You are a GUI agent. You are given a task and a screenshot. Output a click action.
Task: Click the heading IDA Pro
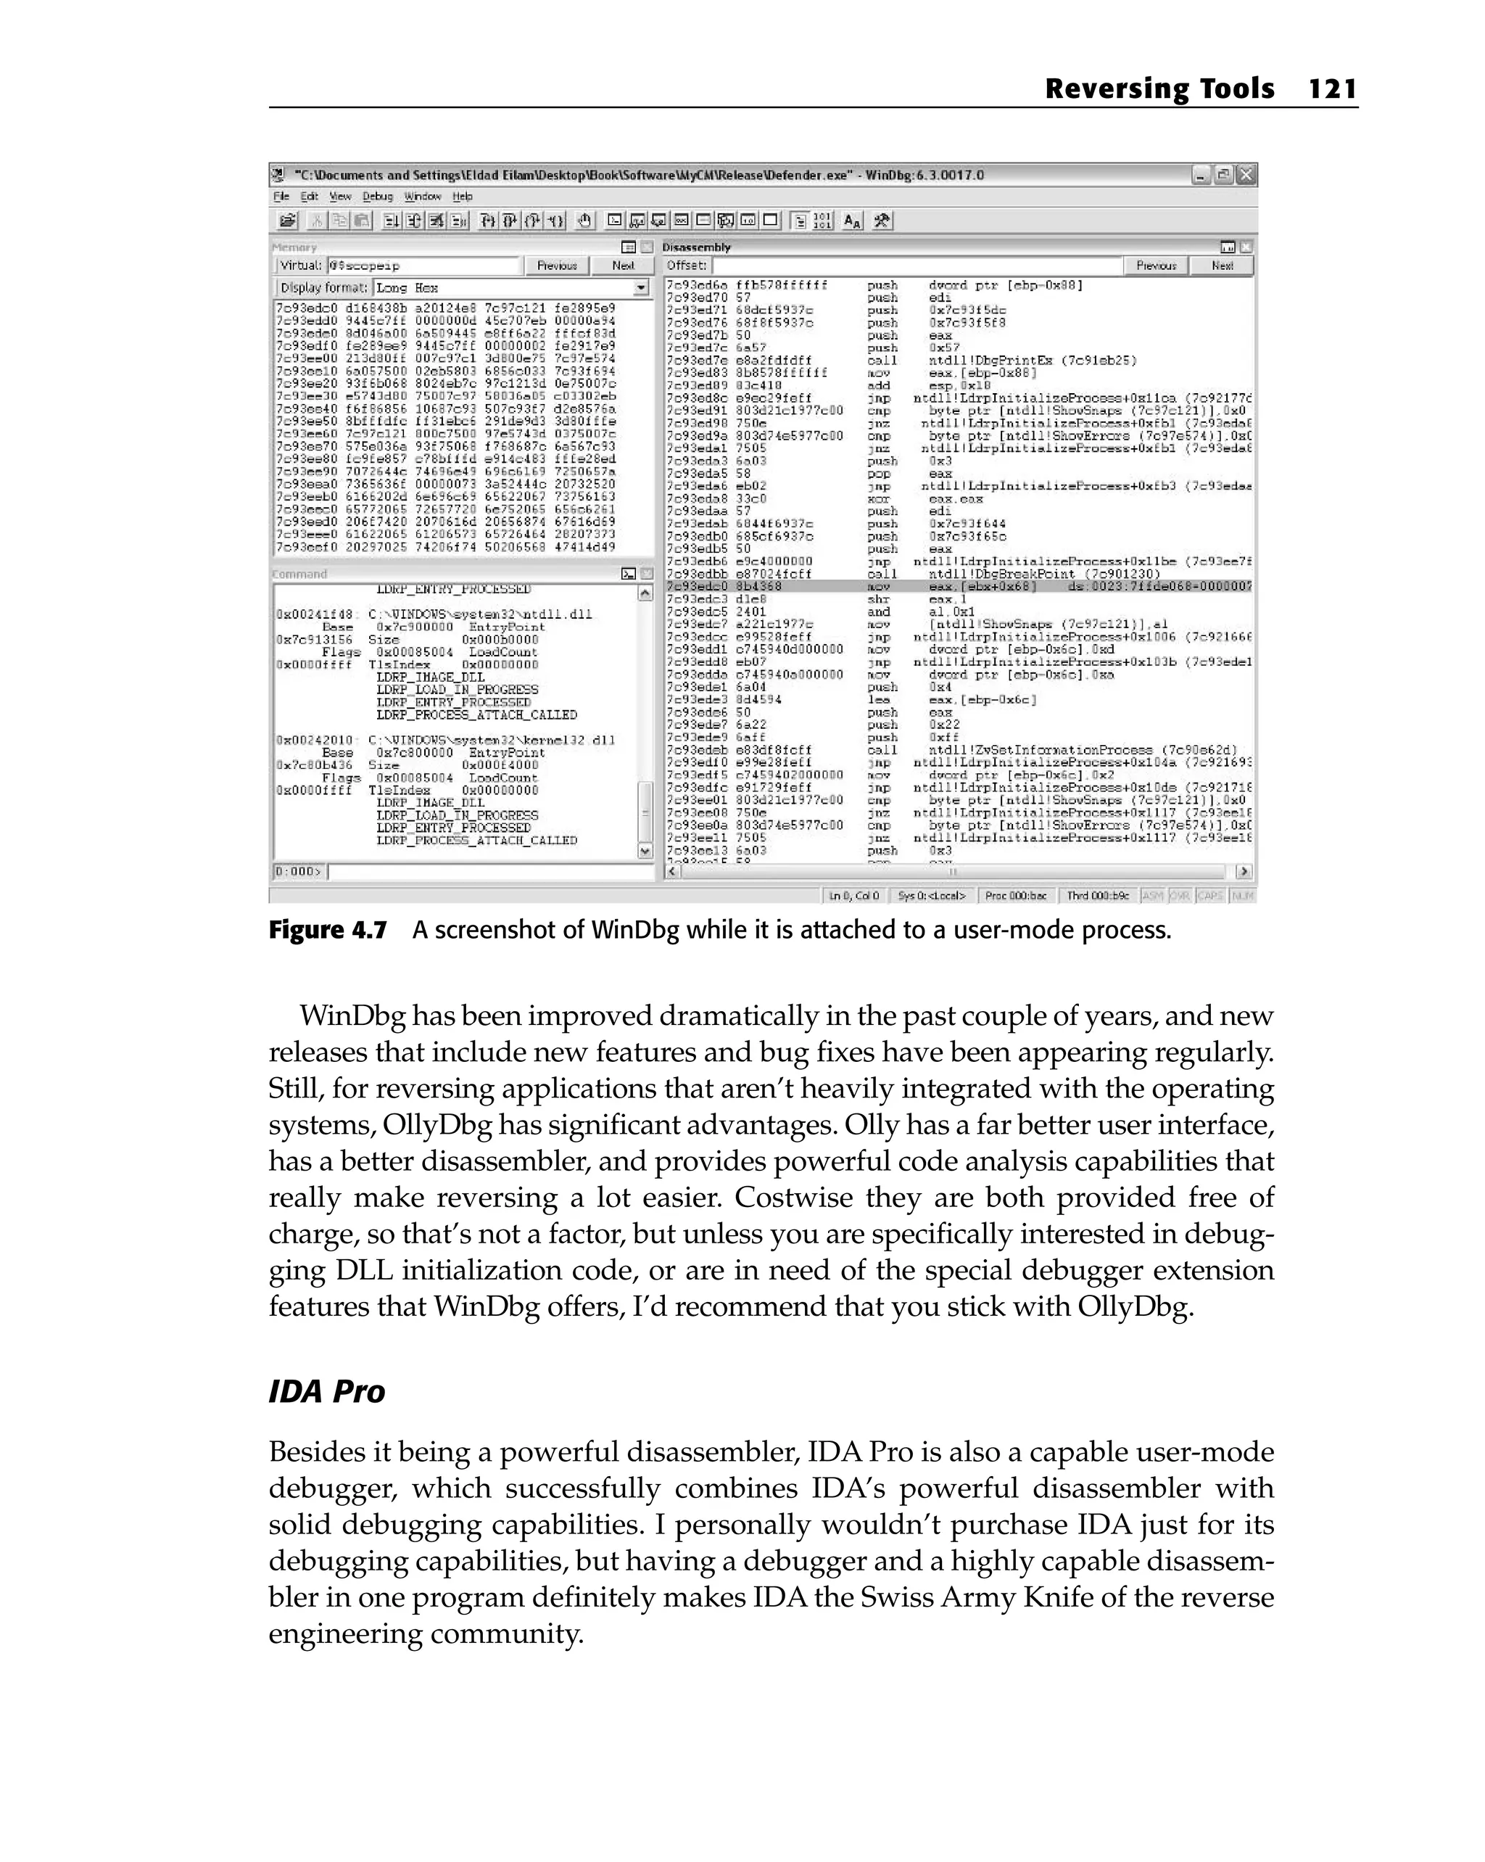(x=326, y=1391)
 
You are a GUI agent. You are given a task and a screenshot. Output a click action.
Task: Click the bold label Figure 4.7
(x=327, y=930)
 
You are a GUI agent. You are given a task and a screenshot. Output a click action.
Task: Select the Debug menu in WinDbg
(x=377, y=197)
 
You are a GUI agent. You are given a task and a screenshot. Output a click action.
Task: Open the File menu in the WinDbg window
(x=281, y=197)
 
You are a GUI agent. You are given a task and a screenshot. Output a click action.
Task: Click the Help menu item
(x=463, y=197)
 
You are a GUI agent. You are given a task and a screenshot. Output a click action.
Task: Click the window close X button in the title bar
(x=1245, y=176)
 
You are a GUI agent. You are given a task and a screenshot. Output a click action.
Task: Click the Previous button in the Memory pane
(x=557, y=266)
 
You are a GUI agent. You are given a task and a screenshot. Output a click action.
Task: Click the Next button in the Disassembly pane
(x=1222, y=266)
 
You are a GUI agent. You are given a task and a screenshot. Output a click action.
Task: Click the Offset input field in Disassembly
(x=915, y=266)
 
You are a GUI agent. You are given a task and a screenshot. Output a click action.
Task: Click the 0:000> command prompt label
(x=297, y=871)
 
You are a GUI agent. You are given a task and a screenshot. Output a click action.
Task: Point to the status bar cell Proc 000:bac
(x=1015, y=896)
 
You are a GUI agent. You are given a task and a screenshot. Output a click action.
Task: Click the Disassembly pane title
(x=696, y=247)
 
